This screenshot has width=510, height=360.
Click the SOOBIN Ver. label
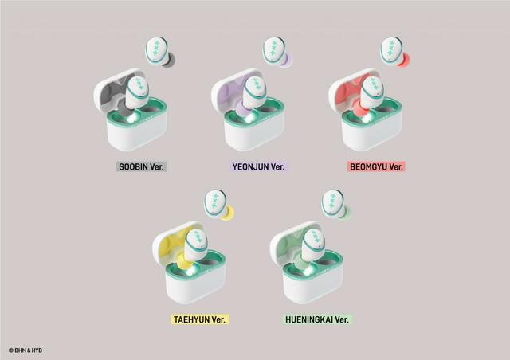point(141,166)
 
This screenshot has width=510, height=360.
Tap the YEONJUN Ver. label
point(258,166)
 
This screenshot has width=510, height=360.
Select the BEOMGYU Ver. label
point(376,166)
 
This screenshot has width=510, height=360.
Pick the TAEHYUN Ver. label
point(200,319)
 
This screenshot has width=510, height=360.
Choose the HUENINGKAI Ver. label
point(317,319)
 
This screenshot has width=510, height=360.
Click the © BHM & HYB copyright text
point(25,350)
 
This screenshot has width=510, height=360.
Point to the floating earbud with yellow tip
point(218,205)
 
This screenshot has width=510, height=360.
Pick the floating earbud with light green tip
point(335,205)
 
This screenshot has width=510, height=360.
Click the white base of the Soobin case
point(137,133)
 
